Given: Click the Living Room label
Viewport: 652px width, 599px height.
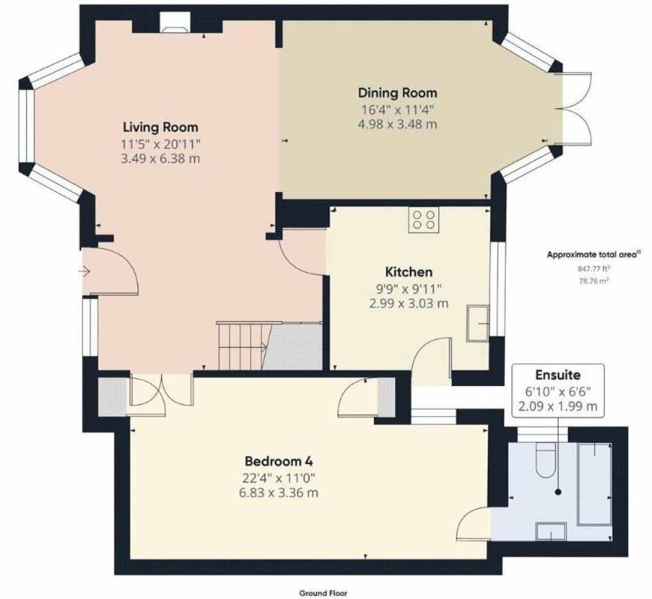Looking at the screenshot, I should click(160, 127).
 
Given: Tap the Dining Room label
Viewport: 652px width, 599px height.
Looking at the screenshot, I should click(397, 93).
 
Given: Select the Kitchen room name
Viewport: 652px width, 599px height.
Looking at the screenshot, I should click(408, 272).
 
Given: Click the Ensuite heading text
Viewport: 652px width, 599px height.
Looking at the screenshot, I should click(558, 375).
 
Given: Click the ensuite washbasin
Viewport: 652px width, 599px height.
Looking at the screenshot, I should click(550, 530).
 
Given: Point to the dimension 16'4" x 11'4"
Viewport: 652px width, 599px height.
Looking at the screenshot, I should click(397, 109).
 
